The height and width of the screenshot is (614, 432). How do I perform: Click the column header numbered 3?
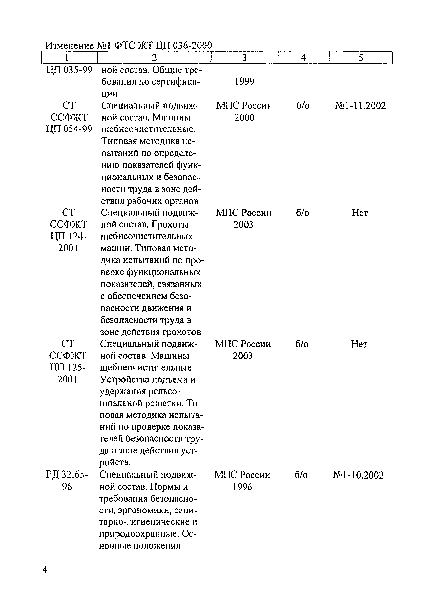tap(244, 57)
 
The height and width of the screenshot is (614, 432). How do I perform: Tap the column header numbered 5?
tap(360, 57)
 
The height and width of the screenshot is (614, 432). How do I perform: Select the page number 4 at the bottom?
tap(45, 570)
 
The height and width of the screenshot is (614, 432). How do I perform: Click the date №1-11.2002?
tap(360, 106)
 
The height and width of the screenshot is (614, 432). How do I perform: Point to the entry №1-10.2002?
tap(358, 475)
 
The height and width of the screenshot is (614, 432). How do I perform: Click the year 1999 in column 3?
tap(245, 81)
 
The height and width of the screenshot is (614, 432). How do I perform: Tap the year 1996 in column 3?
tap(242, 487)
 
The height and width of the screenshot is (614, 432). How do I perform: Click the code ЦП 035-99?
tap(69, 70)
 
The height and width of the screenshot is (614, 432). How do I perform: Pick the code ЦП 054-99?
tap(69, 129)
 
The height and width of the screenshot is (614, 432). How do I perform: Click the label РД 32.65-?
tap(67, 475)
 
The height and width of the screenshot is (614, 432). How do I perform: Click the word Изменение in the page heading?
tap(70, 46)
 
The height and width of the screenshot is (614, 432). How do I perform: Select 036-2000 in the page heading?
tap(192, 46)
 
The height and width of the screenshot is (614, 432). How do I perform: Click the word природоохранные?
tap(139, 534)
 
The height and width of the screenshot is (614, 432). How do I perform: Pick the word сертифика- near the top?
tap(176, 81)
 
